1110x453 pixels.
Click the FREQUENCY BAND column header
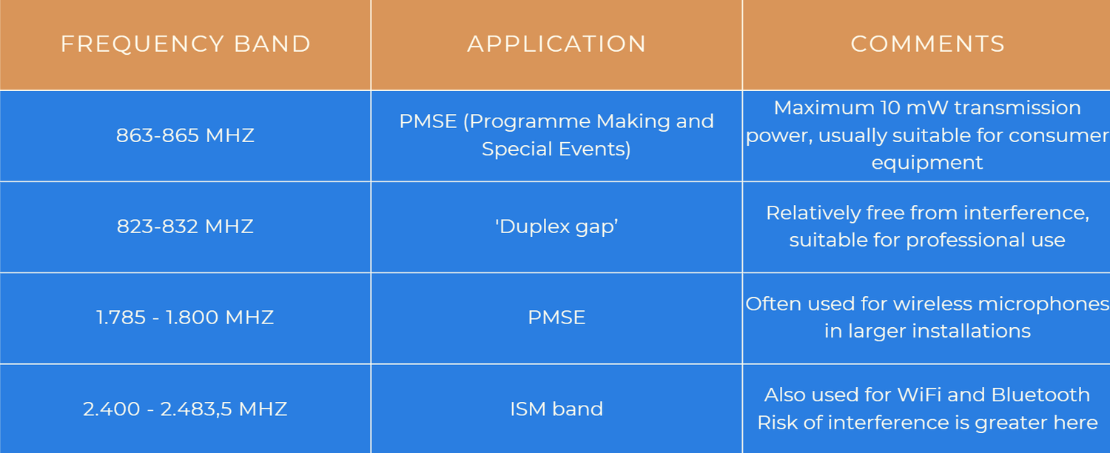click(185, 44)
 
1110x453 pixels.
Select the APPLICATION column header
click(556, 44)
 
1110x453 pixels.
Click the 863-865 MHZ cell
click(185, 135)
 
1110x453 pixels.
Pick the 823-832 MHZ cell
click(185, 226)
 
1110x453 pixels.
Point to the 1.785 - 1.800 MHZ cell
click(185, 318)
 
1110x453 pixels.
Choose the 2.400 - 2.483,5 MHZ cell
click(185, 409)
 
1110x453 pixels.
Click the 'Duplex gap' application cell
click(556, 226)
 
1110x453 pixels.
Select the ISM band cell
click(556, 409)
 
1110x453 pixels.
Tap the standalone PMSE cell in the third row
click(556, 318)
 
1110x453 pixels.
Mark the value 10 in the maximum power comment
click(890, 107)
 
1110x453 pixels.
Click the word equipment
click(927, 163)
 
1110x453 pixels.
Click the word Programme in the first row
click(530, 122)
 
